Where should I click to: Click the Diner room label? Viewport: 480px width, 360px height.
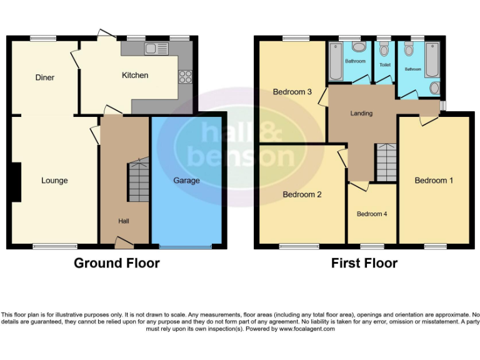coord(44,77)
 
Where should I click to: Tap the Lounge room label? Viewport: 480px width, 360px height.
coord(54,181)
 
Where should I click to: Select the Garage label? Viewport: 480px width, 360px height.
coord(186,181)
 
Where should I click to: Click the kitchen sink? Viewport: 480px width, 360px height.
coord(154,49)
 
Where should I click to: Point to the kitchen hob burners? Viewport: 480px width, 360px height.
coord(186,76)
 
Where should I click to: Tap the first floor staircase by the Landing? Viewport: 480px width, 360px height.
coord(386,161)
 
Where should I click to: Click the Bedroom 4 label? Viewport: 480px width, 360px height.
coord(372,214)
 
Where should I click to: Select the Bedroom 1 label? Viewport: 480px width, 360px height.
coord(434,181)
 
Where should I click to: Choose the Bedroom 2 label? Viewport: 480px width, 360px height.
coord(302,194)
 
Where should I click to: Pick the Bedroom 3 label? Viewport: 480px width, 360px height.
coord(292,92)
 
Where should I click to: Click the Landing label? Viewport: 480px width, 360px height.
coord(361,113)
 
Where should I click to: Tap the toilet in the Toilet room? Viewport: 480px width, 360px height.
coord(384,50)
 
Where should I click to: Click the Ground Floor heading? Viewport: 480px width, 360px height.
coord(116,263)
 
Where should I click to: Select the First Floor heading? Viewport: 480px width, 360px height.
coord(364,263)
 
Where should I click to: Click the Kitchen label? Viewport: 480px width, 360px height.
coord(135,75)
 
